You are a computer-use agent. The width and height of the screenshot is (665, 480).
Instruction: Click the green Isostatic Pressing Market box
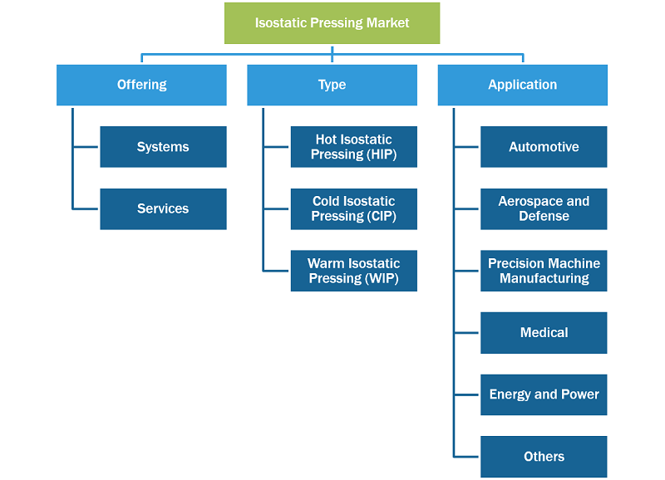point(332,23)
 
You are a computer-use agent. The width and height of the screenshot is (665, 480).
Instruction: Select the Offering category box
point(141,86)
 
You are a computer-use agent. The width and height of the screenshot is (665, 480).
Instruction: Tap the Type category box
point(332,86)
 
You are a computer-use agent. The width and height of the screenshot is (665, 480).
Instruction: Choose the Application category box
point(523,86)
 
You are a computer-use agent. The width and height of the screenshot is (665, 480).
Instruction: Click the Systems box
point(163,147)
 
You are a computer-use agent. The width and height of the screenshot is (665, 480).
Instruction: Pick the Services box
point(163,209)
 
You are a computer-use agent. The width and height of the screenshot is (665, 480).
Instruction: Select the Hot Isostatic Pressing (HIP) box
point(354,147)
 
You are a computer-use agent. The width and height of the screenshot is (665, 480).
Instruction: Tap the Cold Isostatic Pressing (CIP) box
point(354,209)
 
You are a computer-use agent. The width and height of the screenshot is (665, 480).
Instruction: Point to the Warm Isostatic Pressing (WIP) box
point(354,271)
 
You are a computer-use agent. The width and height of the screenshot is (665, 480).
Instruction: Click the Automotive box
point(544,147)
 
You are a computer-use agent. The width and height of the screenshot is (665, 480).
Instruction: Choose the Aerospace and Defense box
point(544,209)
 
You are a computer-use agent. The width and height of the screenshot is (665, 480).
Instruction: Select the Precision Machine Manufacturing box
point(544,271)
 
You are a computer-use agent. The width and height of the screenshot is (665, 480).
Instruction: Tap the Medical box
point(544,332)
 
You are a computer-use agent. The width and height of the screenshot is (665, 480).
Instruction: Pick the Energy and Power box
point(544,394)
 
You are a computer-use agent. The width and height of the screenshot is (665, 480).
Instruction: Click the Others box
point(544,457)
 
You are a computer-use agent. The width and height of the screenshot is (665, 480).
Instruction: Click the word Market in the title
point(387,23)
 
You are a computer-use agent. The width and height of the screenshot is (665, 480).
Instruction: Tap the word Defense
point(544,216)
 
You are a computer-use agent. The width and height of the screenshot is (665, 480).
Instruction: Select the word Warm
point(326,263)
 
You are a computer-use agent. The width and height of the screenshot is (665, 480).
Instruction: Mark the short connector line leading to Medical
point(466,332)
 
